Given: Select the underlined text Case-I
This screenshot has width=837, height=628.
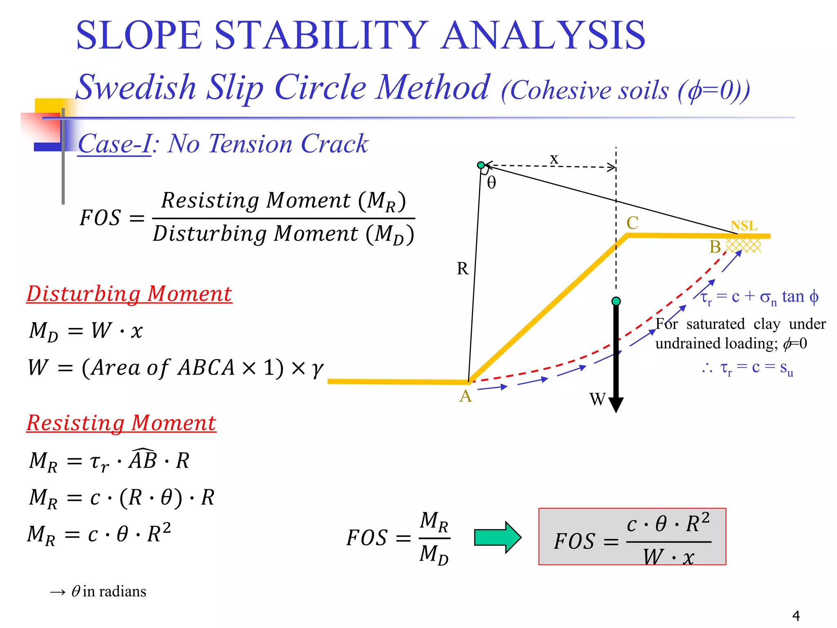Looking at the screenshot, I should tap(114, 144).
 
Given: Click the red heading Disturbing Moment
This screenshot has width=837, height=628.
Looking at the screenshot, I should tap(129, 294).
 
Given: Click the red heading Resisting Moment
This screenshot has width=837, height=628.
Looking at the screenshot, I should tap(121, 423).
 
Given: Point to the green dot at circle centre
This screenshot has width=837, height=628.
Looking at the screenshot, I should tap(481, 165).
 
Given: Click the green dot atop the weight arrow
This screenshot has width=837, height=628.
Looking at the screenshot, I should tap(616, 301).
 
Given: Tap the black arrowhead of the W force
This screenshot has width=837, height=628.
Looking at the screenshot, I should tap(616, 404).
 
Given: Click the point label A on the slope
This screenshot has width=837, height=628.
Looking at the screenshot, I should tap(465, 396).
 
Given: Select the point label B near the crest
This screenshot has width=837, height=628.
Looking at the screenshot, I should tap(715, 247).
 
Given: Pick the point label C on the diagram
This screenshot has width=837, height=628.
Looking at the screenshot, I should tap(632, 223).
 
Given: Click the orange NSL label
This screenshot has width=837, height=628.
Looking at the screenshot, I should tap(744, 226).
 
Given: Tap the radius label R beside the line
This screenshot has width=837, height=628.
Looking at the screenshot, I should tap(462, 269).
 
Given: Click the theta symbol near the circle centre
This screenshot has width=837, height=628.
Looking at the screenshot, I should tap(492, 183).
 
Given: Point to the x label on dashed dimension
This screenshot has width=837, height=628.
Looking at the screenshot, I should tap(554, 159).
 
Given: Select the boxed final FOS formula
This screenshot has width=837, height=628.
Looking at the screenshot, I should tap(632, 537).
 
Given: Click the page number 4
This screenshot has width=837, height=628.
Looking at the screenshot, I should tap(796, 615).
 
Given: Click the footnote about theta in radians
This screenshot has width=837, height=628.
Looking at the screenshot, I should tap(98, 592).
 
